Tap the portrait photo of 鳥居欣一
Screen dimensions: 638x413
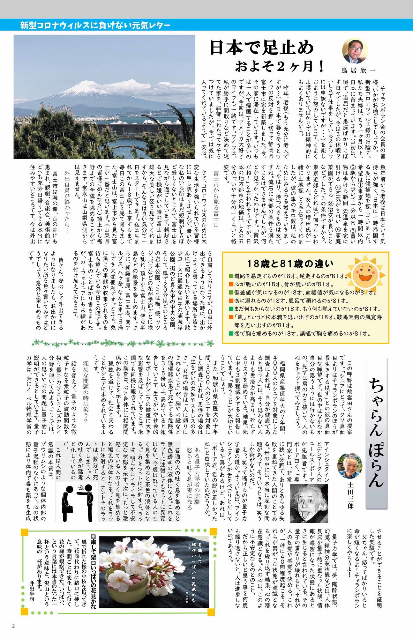click(x=355, y=51)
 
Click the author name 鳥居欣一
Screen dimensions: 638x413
click(x=358, y=70)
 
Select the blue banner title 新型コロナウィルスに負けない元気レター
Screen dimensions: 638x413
click(x=95, y=25)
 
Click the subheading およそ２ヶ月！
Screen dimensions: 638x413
click(x=279, y=66)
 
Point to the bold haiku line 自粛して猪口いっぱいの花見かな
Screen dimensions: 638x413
click(x=94, y=571)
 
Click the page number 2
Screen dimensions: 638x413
click(x=13, y=626)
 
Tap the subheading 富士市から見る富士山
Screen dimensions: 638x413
click(x=216, y=203)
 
